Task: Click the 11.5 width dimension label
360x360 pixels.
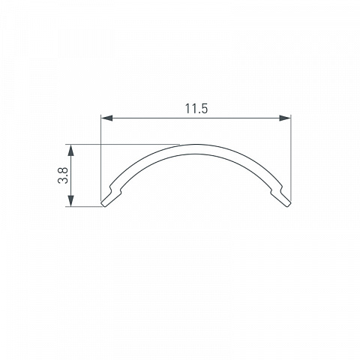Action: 196,109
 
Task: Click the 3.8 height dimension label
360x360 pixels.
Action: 63,175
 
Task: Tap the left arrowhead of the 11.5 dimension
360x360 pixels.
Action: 106,118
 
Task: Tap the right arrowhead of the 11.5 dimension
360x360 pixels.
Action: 285,118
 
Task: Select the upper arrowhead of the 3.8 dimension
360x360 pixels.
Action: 71,150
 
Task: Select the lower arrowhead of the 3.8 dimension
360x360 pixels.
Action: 71,201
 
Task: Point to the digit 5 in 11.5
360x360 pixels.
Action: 204,109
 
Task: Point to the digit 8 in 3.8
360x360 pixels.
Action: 63,171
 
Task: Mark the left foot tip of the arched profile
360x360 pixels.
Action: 103,204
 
